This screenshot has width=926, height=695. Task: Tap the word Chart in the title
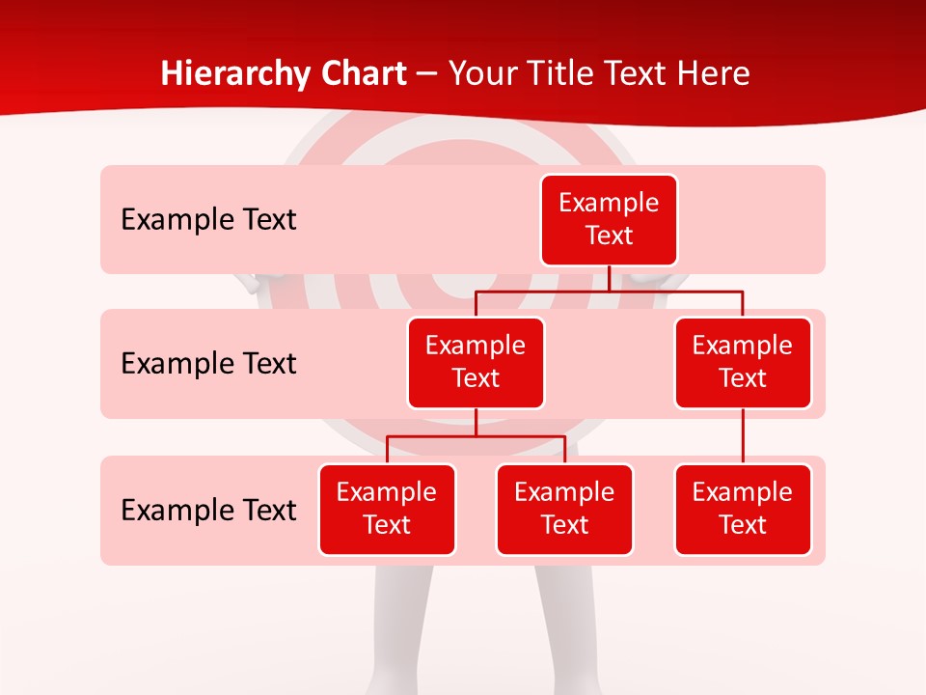click(x=359, y=74)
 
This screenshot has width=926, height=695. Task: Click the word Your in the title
click(x=479, y=74)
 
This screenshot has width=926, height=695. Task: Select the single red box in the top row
click(x=609, y=220)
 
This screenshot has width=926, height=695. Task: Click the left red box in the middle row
click(x=476, y=363)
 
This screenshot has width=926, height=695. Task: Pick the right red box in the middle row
click(x=743, y=363)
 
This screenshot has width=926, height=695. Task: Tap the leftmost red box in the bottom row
click(x=387, y=510)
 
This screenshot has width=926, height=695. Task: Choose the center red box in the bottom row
click(x=564, y=510)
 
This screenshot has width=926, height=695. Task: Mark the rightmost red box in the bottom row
click(x=743, y=510)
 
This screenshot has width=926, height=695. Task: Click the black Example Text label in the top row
click(x=208, y=220)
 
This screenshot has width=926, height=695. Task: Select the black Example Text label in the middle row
click(x=208, y=364)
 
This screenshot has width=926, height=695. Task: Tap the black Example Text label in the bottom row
click(x=208, y=510)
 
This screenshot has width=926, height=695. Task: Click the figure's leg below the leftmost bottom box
click(x=400, y=627)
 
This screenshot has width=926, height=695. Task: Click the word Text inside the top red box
click(x=609, y=236)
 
